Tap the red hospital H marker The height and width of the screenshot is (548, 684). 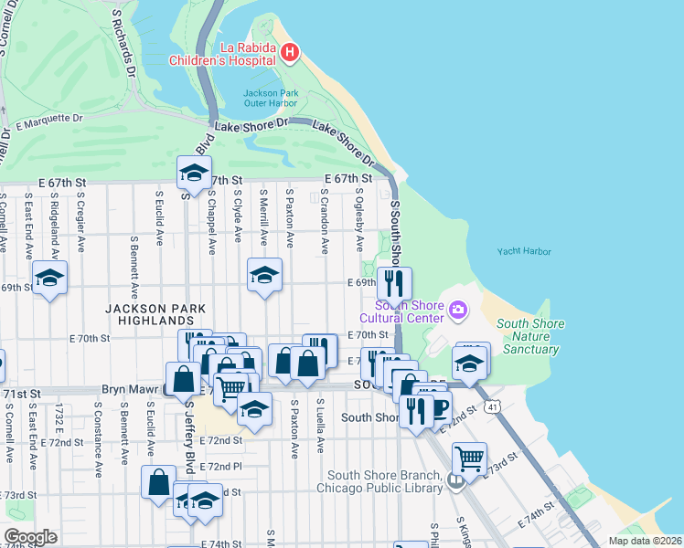tap(290, 53)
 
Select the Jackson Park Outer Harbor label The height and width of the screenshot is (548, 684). tap(270, 97)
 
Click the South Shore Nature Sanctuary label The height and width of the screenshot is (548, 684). tap(530, 336)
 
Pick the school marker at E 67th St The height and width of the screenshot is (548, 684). tap(194, 172)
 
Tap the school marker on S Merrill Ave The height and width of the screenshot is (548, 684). tap(265, 274)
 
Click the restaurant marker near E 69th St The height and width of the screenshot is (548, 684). tap(394, 282)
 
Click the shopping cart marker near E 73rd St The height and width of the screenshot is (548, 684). tap(469, 458)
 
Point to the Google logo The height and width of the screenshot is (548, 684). tap(30, 537)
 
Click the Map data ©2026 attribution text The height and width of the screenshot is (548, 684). tap(646, 541)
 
